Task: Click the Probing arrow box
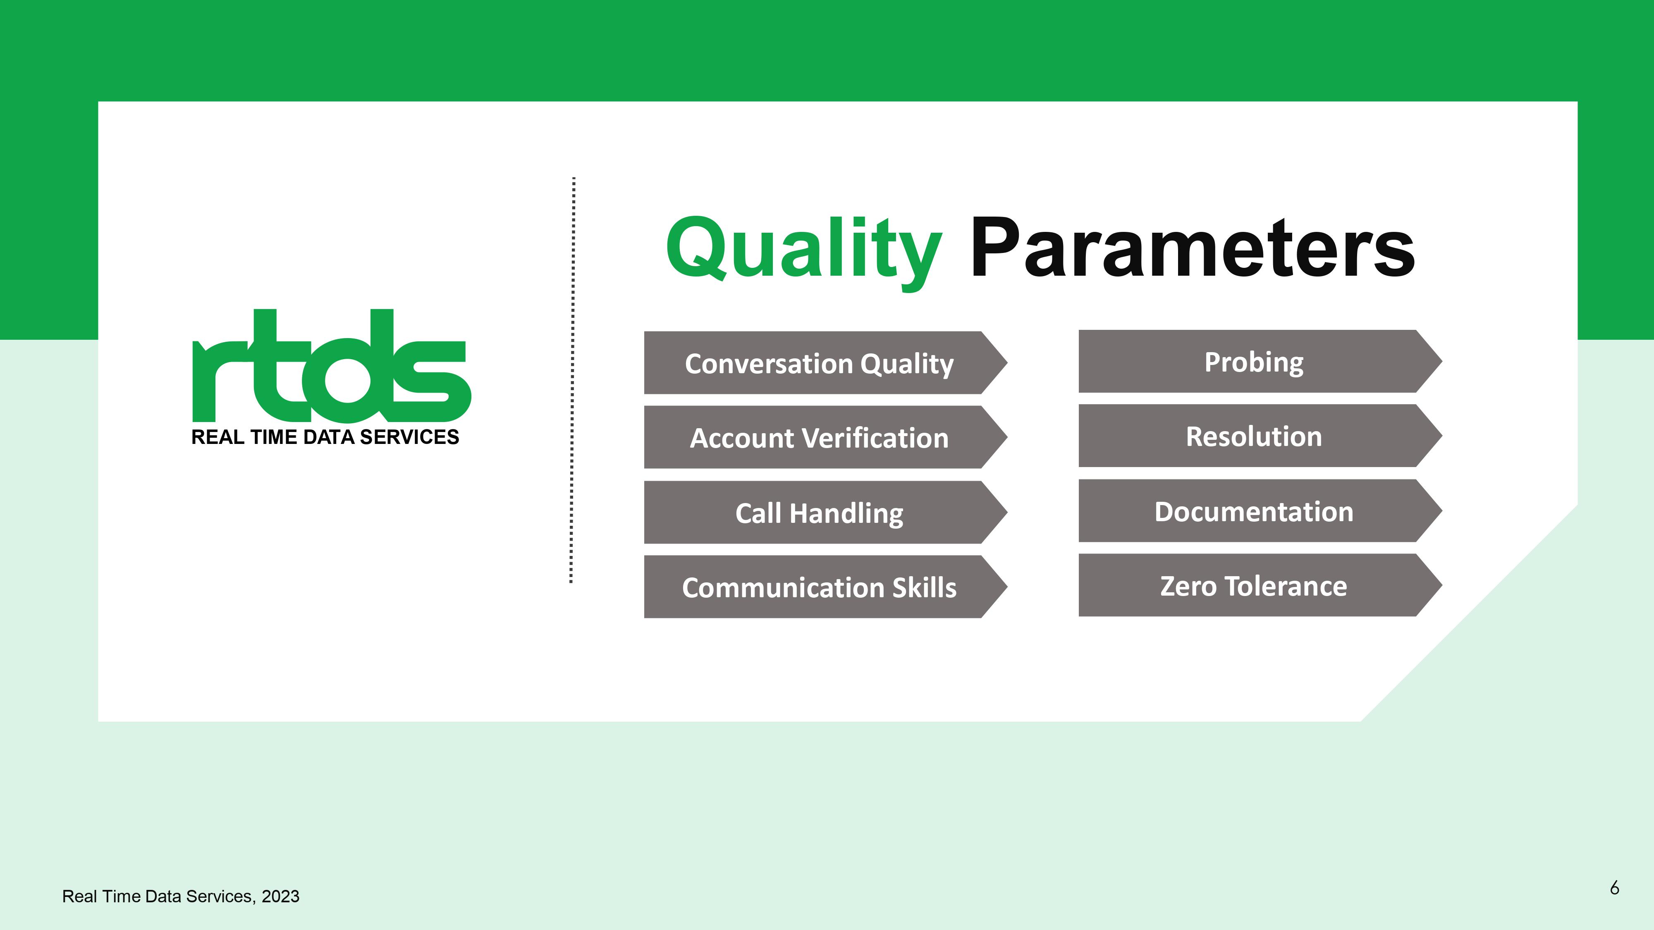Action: pyautogui.click(x=1260, y=361)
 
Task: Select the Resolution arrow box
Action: pyautogui.click(x=1260, y=436)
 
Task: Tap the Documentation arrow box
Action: pyautogui.click(x=1260, y=511)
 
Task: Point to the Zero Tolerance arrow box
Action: pyautogui.click(x=1260, y=585)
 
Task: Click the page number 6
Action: pyautogui.click(x=1614, y=888)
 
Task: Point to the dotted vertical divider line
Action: pyautogui.click(x=572, y=380)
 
